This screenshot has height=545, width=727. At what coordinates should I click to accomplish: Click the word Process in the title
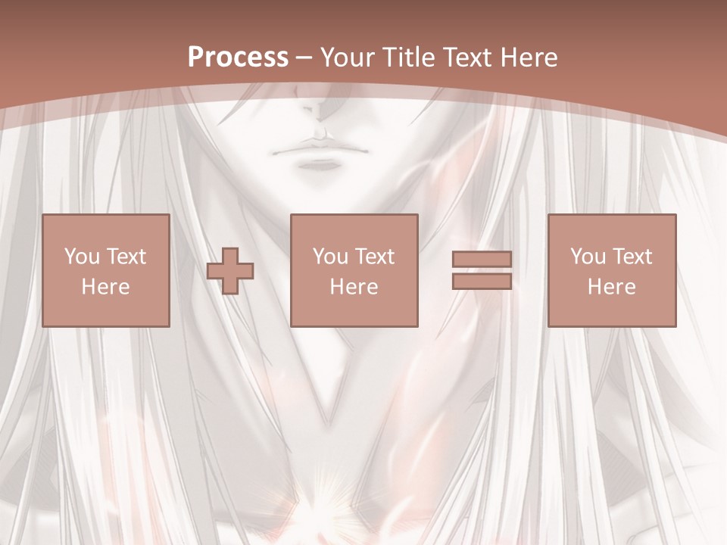click(x=238, y=58)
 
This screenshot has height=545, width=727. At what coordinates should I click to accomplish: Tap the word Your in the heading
click(x=350, y=58)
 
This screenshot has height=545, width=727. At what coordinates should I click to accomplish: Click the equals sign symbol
click(x=482, y=270)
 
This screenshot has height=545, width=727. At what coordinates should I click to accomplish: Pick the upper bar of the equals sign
click(x=482, y=260)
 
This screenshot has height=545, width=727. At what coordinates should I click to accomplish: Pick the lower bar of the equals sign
click(x=482, y=281)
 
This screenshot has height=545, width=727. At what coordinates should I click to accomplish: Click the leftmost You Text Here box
click(x=105, y=270)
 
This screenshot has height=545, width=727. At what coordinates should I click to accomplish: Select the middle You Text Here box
click(x=354, y=270)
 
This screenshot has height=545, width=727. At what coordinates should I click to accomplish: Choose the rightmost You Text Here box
click(x=611, y=270)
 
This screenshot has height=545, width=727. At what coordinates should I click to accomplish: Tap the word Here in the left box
click(x=105, y=287)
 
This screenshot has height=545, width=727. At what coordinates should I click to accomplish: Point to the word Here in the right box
click(x=611, y=287)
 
